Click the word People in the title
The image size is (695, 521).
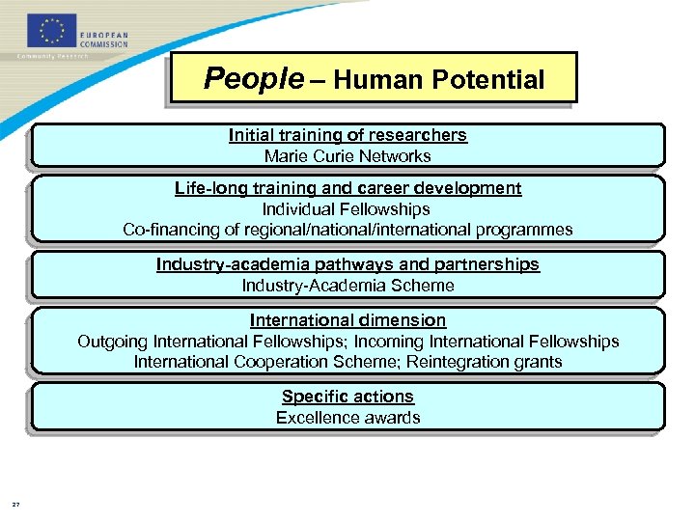pos(254,79)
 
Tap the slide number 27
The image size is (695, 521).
pos(15,503)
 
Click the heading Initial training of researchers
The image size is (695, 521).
pos(347,135)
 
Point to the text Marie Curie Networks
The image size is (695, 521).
pos(347,156)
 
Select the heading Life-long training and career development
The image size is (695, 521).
pos(347,188)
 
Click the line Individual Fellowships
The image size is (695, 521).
pos(347,209)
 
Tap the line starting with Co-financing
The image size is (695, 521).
pos(347,230)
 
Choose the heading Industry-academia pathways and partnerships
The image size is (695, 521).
pos(347,264)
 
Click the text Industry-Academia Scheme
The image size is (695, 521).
pos(347,286)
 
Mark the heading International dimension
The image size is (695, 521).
pos(347,320)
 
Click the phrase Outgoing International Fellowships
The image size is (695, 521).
pos(211,342)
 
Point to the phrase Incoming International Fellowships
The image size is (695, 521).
pos(487,342)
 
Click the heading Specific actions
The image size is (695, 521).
pos(347,397)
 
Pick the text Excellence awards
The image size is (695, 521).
pos(347,418)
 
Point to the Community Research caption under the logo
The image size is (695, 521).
pos(52,56)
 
